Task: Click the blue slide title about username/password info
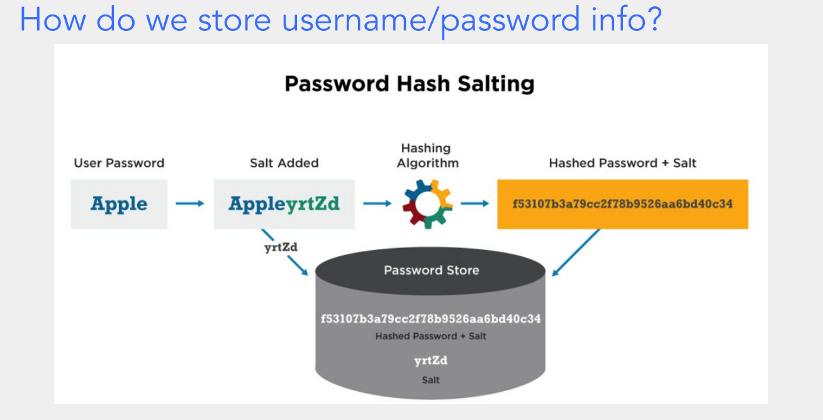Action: (340, 20)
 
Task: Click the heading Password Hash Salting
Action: (410, 84)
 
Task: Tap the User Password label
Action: (119, 163)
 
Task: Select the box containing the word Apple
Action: (119, 204)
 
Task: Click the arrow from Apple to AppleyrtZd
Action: (190, 203)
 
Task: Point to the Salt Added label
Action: (284, 163)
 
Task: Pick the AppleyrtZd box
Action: (284, 204)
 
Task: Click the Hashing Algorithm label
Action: (426, 156)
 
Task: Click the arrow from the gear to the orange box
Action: (475, 203)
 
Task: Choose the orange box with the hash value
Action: (622, 204)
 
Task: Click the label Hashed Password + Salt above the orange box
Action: (622, 163)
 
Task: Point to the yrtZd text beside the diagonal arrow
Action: (281, 247)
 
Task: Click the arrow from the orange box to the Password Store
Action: (576, 252)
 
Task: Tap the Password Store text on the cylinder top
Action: (431, 270)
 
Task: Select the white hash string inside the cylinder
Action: (431, 319)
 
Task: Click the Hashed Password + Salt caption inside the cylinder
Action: (431, 336)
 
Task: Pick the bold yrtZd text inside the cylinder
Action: (431, 361)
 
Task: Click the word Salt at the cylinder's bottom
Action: (431, 380)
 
